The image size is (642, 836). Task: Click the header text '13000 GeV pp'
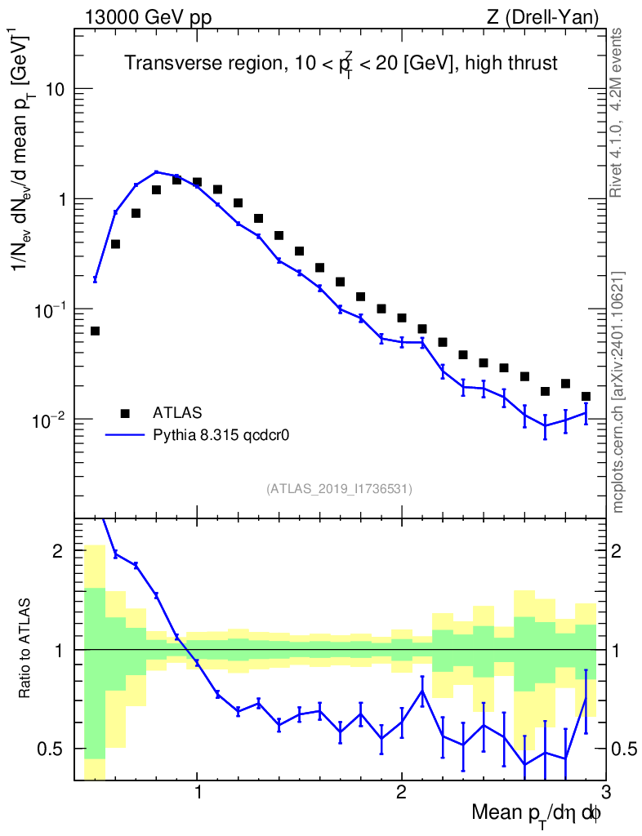[148, 17]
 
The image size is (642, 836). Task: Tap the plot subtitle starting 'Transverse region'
[341, 64]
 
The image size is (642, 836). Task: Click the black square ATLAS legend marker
[125, 413]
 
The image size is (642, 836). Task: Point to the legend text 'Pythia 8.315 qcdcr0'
[221, 435]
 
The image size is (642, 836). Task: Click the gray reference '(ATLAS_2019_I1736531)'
[339, 489]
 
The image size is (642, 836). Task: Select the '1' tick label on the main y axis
[62, 199]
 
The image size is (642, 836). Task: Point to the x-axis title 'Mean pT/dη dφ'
[537, 814]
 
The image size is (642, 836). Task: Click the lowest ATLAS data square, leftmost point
[95, 331]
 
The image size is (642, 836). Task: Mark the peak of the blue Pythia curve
[157, 172]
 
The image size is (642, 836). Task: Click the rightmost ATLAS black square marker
[586, 397]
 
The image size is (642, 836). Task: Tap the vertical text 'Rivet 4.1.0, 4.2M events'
[617, 112]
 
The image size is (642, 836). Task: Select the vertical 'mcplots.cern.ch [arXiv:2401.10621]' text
[617, 392]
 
